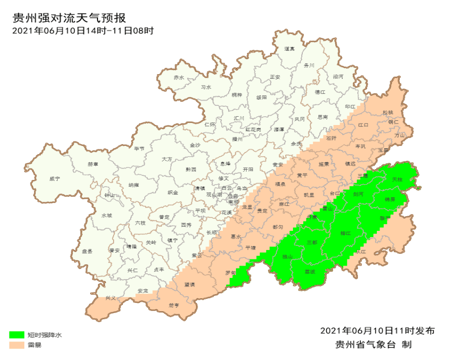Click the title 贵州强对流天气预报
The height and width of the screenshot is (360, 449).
point(69,18)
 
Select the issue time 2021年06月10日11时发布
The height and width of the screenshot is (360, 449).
point(377,331)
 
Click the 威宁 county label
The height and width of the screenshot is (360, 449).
point(54,178)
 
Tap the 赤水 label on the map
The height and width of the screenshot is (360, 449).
point(179,78)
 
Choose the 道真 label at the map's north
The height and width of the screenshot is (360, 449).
point(289,49)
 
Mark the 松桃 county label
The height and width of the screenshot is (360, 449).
point(388,112)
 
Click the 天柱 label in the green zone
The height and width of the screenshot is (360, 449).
point(397,179)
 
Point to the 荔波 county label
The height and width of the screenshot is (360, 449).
point(310,271)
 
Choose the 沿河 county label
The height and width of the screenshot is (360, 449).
point(338,76)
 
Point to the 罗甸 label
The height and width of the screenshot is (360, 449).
point(231,272)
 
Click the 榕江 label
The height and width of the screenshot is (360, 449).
point(346,233)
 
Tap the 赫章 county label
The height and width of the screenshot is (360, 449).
point(93,164)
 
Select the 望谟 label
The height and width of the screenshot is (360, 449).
point(190,284)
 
